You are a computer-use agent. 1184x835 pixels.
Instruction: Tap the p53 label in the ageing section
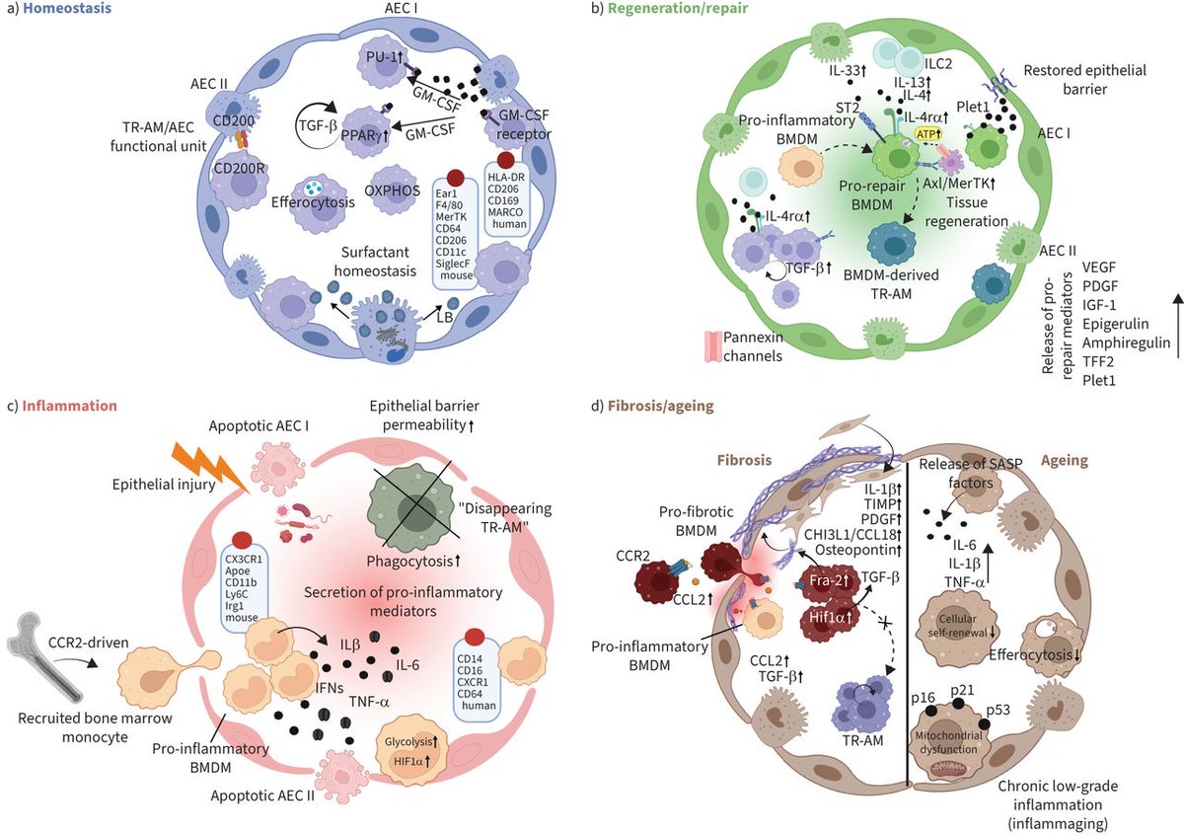click(1018, 710)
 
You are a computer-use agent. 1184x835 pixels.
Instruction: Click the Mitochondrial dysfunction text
click(954, 741)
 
